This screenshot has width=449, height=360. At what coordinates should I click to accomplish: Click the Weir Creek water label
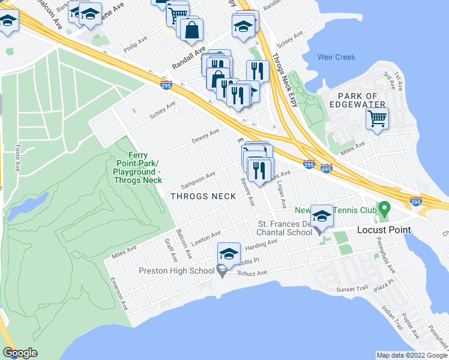[336, 58]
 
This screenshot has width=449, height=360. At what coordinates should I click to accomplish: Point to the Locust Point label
[384, 230]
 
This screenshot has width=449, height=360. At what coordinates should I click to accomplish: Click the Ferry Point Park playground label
[137, 167]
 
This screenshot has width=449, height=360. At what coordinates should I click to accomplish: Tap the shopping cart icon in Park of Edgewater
[377, 119]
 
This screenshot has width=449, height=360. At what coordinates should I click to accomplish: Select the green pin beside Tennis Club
[385, 210]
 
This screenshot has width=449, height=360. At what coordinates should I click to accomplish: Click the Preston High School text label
[176, 271]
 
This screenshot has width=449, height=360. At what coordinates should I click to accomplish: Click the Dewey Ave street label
[205, 136]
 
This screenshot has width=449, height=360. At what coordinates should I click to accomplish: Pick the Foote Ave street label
[17, 157]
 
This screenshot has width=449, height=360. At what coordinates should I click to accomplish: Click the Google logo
[20, 352]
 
